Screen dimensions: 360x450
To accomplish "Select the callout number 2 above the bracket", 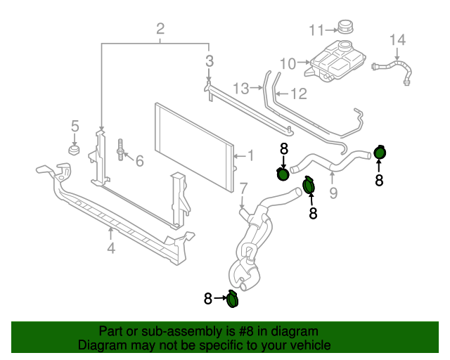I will (160, 29).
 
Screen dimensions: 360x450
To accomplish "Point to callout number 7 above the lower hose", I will (243, 188).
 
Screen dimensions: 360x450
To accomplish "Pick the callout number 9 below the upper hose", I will (333, 191).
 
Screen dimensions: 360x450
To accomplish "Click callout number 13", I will (241, 89).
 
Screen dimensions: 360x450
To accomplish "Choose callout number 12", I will (298, 93).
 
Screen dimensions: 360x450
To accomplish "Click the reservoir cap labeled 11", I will (345, 27).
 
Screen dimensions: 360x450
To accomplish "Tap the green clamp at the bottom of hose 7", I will (233, 299).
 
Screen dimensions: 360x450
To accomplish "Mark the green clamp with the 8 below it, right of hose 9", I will (380, 153).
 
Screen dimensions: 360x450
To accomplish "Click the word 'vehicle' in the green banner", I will (309, 345).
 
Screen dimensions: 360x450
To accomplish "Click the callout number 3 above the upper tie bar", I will (210, 61).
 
